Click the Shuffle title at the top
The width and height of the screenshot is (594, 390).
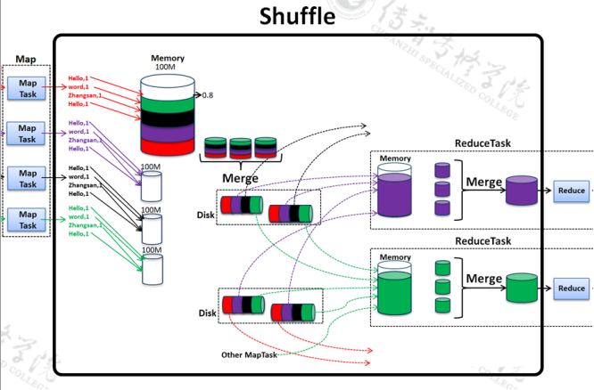pos(298,17)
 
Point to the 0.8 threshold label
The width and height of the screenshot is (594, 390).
pos(208,95)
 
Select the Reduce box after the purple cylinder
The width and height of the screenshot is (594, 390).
pos(571,190)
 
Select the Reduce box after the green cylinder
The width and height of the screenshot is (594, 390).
pos(571,288)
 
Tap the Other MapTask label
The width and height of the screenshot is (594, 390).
pos(251,355)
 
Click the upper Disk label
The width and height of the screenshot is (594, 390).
pos(206,215)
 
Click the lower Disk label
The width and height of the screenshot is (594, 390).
pos(206,313)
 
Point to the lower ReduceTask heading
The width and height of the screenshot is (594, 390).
pos(483,240)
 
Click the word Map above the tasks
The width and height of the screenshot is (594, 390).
pos(26,61)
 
